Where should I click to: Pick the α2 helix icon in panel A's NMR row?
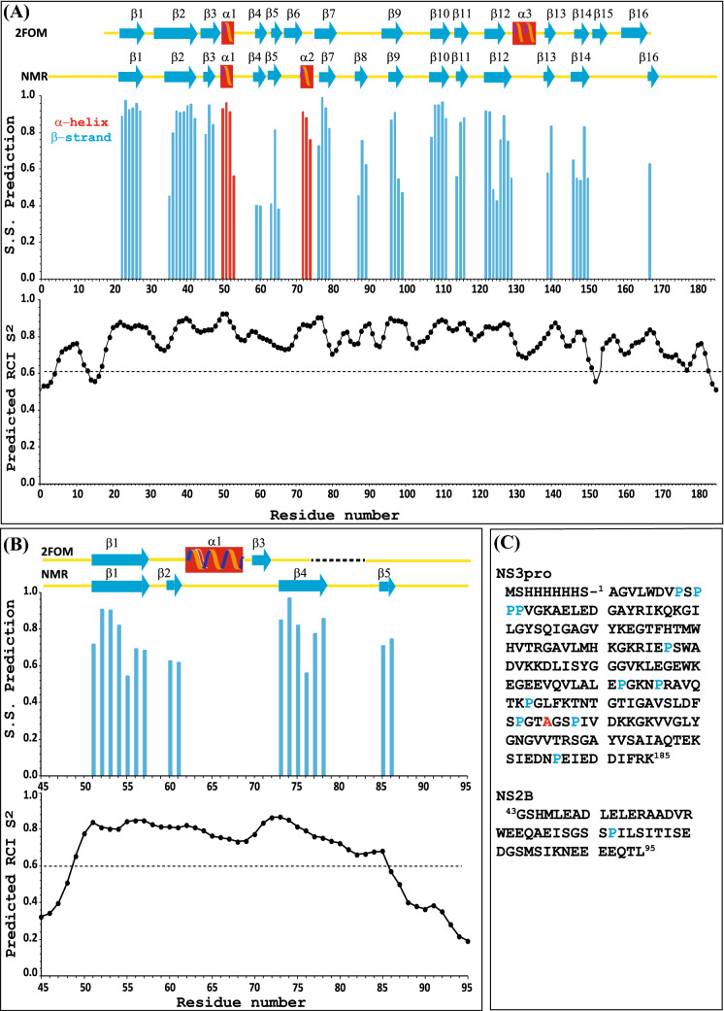click(x=307, y=76)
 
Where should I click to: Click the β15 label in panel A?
click(x=603, y=14)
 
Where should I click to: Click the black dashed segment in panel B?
click(x=337, y=560)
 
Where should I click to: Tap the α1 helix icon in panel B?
click(x=214, y=560)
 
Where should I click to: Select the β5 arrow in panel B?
click(x=386, y=586)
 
